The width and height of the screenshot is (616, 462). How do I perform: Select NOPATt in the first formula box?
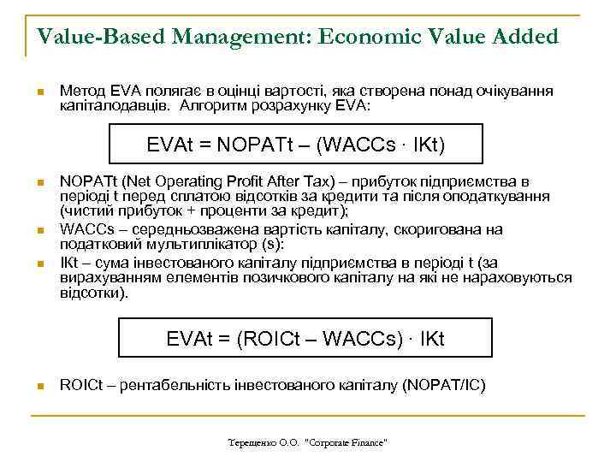coord(258,145)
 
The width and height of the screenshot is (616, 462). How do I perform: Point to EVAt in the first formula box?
coord(169,145)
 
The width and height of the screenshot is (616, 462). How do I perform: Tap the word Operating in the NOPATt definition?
coord(171,181)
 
